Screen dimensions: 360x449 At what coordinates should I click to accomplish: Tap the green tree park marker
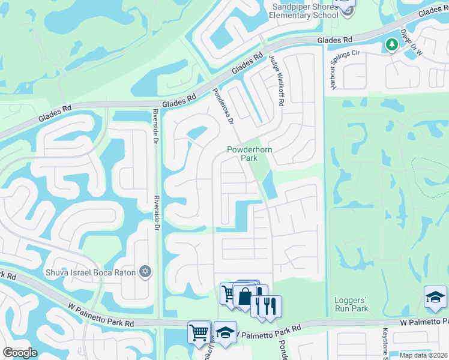[x=391, y=45]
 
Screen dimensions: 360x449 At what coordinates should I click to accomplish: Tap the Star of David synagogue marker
[x=145, y=272]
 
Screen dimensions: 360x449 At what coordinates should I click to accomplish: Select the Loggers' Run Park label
[x=351, y=304]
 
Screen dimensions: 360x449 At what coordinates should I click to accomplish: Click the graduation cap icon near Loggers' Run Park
[x=435, y=298]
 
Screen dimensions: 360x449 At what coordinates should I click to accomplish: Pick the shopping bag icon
[x=246, y=296]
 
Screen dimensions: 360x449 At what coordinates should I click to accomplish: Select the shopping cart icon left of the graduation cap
[x=199, y=332]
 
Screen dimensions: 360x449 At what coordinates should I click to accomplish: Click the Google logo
[x=20, y=352]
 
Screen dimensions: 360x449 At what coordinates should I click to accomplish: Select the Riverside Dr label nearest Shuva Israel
[x=156, y=213]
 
